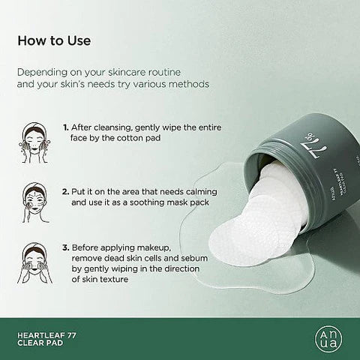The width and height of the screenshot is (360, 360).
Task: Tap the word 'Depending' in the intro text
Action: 47,73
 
